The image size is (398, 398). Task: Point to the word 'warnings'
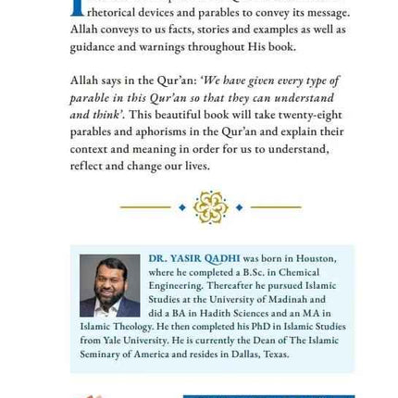point(155,47)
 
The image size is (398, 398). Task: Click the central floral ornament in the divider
point(211,207)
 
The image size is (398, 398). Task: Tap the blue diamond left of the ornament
point(182,207)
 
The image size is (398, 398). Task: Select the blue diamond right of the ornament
point(240,207)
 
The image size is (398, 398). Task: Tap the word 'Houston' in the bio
point(312,259)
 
